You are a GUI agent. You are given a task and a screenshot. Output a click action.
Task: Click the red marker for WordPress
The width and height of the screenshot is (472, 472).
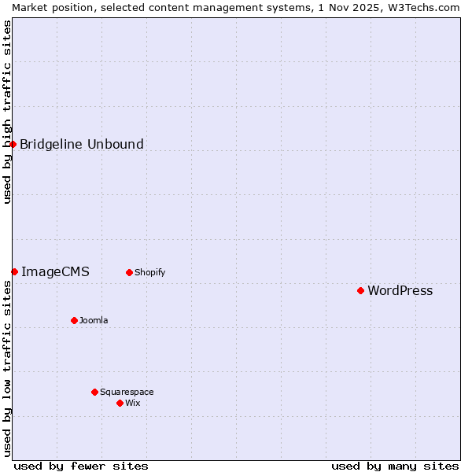click(360, 290)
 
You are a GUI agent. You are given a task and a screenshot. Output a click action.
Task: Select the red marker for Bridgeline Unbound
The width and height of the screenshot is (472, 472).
click(13, 144)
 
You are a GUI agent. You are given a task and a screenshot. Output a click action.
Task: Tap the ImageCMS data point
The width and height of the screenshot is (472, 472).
click(14, 271)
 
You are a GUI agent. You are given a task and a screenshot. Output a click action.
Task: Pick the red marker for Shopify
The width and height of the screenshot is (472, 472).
click(129, 272)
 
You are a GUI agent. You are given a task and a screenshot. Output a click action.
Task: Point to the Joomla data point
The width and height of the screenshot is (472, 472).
click(74, 320)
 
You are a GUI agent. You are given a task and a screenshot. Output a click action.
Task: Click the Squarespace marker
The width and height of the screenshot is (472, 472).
click(94, 392)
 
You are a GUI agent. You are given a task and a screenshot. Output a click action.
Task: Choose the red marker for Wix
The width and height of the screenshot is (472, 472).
click(120, 403)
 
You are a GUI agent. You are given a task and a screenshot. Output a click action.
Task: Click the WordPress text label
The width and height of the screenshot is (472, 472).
click(400, 291)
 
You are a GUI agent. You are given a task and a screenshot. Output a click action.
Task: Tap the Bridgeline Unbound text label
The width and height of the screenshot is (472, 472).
click(82, 144)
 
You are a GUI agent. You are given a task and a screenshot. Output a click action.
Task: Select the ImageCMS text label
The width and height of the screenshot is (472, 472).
click(55, 272)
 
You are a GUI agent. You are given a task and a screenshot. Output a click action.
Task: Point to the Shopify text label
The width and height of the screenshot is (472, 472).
click(149, 273)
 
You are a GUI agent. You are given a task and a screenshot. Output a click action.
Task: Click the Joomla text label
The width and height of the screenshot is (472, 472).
click(94, 321)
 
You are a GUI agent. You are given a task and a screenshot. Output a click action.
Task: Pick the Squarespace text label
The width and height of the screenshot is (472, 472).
click(127, 393)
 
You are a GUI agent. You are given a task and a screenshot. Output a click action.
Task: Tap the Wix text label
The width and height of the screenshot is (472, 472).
click(132, 404)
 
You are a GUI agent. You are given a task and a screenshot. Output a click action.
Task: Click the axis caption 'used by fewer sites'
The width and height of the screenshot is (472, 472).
click(81, 466)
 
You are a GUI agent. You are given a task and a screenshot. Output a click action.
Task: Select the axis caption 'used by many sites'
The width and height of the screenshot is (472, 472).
click(395, 466)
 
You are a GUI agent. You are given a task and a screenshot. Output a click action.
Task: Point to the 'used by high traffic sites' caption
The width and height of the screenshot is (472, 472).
click(7, 112)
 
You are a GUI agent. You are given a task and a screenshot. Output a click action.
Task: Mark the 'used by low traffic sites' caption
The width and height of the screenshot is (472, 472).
click(7, 368)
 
